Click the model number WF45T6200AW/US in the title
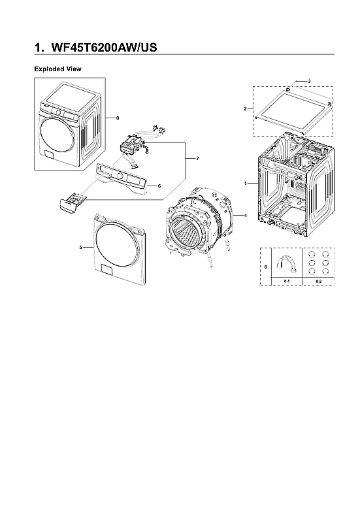(x=104, y=48)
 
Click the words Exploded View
(x=57, y=69)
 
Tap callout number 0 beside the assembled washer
(x=118, y=118)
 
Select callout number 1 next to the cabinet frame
(x=246, y=184)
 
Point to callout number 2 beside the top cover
(x=244, y=108)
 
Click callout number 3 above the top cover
(x=308, y=80)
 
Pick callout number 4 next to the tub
(x=244, y=215)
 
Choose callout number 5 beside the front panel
(x=80, y=247)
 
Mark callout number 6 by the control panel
(x=159, y=186)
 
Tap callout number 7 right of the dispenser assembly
(x=188, y=159)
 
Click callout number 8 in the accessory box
(x=265, y=267)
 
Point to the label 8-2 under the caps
(x=318, y=281)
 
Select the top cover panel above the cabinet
(x=289, y=108)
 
